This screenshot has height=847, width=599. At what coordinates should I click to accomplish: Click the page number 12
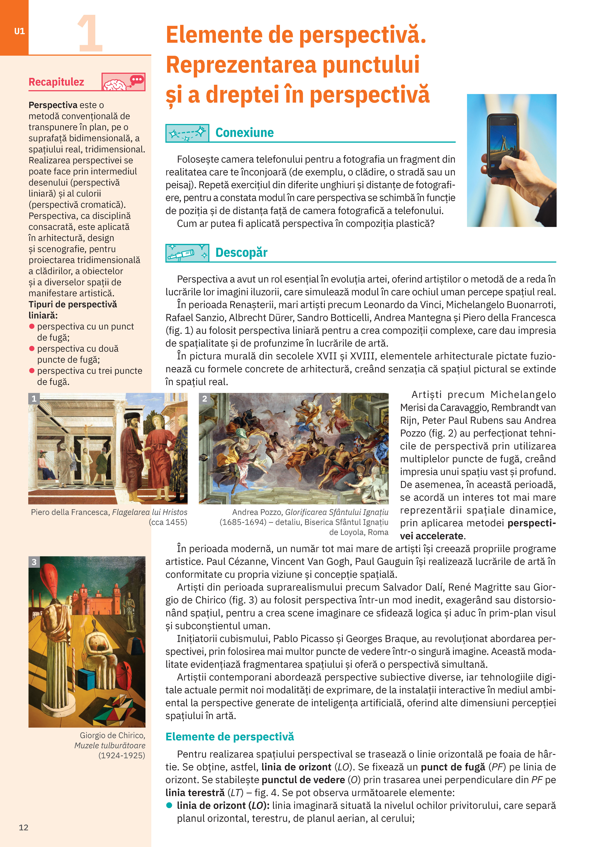(24, 827)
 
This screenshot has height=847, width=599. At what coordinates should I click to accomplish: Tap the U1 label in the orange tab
(19, 31)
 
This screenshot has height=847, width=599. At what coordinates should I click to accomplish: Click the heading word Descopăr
(241, 253)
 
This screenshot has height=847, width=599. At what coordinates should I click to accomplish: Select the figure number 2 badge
(204, 398)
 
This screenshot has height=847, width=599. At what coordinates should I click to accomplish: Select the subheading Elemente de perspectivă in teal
(230, 737)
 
